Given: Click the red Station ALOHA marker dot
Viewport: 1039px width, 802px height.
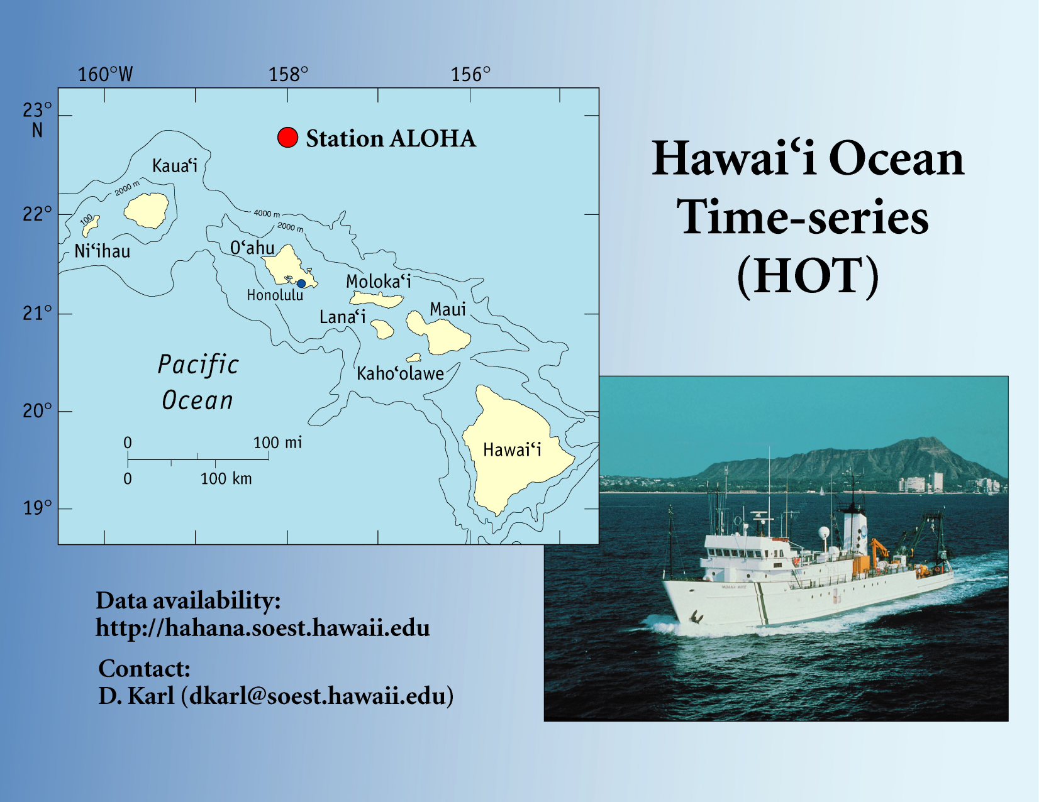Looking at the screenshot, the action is pyautogui.click(x=288, y=138).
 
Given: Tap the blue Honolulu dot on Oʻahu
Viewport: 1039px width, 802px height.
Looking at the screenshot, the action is pyautogui.click(x=301, y=283).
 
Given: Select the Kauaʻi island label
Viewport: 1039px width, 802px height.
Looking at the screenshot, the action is pyautogui.click(x=174, y=166).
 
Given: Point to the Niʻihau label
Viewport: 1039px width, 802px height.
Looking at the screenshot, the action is pyautogui.click(x=103, y=251).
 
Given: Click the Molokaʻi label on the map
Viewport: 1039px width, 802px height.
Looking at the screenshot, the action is pyautogui.click(x=378, y=282).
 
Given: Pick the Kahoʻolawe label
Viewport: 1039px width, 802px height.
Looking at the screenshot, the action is pyautogui.click(x=400, y=373).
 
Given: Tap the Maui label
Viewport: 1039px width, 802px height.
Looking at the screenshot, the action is pyautogui.click(x=448, y=309).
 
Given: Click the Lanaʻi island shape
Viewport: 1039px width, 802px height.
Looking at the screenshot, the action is pyautogui.click(x=382, y=329).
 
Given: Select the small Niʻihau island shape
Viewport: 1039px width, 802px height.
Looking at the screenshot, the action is pyautogui.click(x=91, y=226).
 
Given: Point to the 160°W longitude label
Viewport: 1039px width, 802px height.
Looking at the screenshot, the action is pyautogui.click(x=105, y=75).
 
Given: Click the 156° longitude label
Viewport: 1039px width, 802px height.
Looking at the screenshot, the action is pyautogui.click(x=471, y=75).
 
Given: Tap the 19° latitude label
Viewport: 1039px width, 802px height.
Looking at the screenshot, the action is pyautogui.click(x=37, y=508).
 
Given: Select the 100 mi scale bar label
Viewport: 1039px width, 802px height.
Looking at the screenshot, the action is pyautogui.click(x=277, y=442).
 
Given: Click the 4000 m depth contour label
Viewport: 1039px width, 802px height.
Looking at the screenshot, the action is pyautogui.click(x=267, y=214).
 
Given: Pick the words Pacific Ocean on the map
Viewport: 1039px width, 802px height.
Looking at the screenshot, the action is pyautogui.click(x=198, y=382).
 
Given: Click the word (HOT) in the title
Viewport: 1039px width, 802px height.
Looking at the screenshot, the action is pyautogui.click(x=808, y=276).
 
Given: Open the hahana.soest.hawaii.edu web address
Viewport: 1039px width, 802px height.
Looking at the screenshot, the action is pyautogui.click(x=262, y=627).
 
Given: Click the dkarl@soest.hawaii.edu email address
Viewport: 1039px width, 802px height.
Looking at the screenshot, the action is pyautogui.click(x=317, y=696).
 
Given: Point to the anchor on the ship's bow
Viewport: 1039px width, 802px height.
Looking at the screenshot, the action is pyautogui.click(x=696, y=617).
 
